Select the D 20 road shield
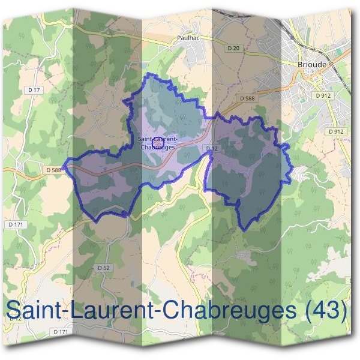[234, 48]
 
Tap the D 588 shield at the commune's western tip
[54, 170]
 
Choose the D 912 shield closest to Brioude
[322, 95]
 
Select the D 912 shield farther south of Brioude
[336, 131]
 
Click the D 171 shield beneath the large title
[60, 332]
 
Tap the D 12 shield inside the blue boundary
[211, 148]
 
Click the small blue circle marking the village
[158, 142]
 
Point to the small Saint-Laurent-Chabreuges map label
[157, 142]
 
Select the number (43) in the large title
[326, 310]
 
